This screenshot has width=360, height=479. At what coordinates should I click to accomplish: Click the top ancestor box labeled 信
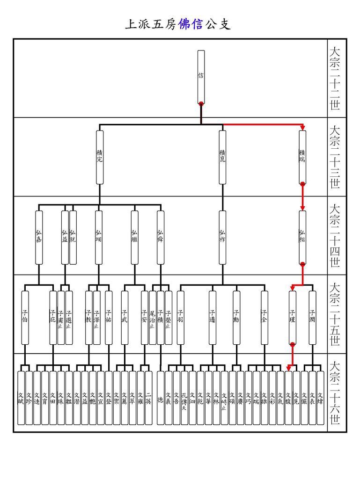[201, 76]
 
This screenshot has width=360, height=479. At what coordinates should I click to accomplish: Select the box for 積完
[99, 157]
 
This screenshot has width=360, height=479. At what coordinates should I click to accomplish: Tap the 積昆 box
[222, 157]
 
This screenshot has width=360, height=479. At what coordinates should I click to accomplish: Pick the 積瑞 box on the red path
[302, 157]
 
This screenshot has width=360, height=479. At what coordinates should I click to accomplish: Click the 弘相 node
[302, 237]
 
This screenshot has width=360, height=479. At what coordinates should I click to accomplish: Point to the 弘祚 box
[222, 237]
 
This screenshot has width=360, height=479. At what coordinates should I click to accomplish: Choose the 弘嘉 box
[39, 237]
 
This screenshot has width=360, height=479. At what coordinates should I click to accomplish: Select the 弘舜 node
[161, 237]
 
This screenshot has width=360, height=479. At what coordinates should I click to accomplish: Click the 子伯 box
[25, 318]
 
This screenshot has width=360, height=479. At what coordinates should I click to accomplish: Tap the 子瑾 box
[292, 318]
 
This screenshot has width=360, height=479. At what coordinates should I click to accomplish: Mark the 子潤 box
[312, 318]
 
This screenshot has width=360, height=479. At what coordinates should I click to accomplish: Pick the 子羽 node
[181, 318]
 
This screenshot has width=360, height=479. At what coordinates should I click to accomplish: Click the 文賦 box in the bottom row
[21, 398]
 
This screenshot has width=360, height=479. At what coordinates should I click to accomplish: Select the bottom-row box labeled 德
[161, 398]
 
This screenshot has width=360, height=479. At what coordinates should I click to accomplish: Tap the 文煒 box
[320, 398]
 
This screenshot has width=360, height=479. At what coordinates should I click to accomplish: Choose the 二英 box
[148, 398]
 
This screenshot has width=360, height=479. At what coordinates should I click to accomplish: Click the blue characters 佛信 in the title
[191, 25]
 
